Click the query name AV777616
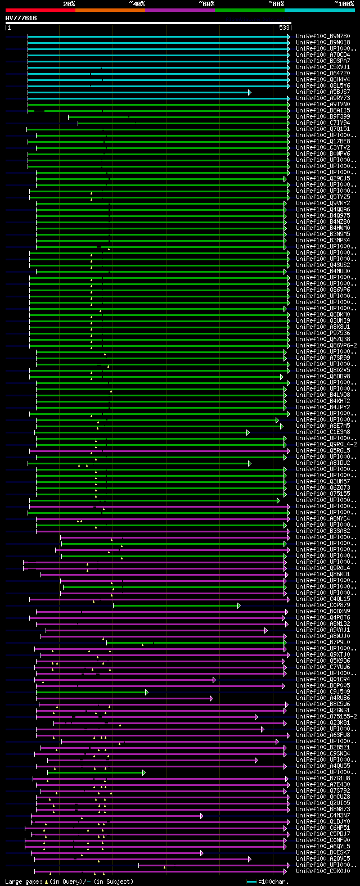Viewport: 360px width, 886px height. point(21,18)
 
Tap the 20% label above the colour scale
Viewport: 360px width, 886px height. point(69,4)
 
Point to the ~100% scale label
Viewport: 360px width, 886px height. point(344,4)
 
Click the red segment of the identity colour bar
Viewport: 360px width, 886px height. point(40,10)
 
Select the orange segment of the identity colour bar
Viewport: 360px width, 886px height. point(110,10)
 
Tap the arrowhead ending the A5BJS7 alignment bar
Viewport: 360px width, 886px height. point(249,92)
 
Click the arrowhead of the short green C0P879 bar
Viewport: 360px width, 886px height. point(238,605)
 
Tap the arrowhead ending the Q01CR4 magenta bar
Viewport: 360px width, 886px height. point(214,680)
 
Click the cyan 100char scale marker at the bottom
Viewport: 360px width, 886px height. point(251,882)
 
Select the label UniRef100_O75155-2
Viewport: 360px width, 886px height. point(326,716)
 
